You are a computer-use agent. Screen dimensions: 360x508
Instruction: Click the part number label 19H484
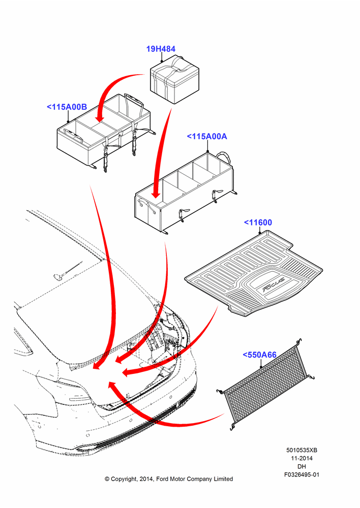coord(161,49)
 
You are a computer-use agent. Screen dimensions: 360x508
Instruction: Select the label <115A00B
coord(67,107)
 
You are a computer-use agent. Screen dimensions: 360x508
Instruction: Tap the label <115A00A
coord(207,136)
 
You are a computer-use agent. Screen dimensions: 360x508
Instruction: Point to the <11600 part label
coord(258,223)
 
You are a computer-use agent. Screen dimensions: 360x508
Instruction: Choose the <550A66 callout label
coord(259,355)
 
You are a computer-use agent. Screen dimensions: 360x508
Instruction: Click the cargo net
coord(266,384)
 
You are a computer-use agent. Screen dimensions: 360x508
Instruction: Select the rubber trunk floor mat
coord(254,273)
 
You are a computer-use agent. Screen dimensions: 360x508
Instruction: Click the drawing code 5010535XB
coord(302,450)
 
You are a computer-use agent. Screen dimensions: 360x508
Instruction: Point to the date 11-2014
coord(302,458)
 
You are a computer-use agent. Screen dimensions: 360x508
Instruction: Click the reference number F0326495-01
coord(302,474)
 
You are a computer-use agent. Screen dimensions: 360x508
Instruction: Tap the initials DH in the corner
coord(302,466)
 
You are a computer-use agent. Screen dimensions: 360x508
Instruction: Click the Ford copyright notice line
coord(169,479)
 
